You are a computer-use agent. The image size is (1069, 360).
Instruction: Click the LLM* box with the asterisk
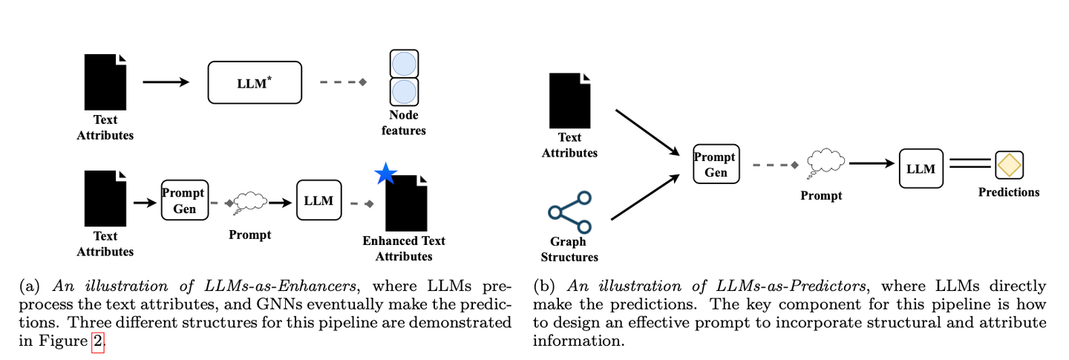click(x=255, y=82)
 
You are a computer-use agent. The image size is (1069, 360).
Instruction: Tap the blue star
click(x=385, y=174)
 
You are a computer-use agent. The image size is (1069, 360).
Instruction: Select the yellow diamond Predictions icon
click(x=1009, y=166)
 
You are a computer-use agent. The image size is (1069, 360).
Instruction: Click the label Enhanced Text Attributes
click(x=403, y=249)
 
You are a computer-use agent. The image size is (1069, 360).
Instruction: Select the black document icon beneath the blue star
click(x=406, y=204)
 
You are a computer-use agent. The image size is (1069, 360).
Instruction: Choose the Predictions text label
click(x=1008, y=192)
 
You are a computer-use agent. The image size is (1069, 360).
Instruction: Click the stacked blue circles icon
click(x=404, y=78)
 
